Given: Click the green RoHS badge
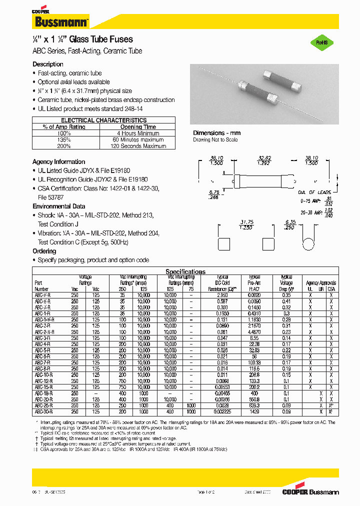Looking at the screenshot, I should (x=321, y=43).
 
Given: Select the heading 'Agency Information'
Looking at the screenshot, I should (x=58, y=162).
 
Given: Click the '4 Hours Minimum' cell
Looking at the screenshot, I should (x=138, y=133).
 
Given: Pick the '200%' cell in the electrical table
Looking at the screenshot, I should (x=64, y=146).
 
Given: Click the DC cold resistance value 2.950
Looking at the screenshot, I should (x=222, y=295).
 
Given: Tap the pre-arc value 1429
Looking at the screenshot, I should (x=255, y=411).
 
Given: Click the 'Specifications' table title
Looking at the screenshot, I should (x=185, y=271).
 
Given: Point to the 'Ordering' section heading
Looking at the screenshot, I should (x=44, y=251).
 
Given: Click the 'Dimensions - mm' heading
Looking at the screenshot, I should (x=217, y=133).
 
